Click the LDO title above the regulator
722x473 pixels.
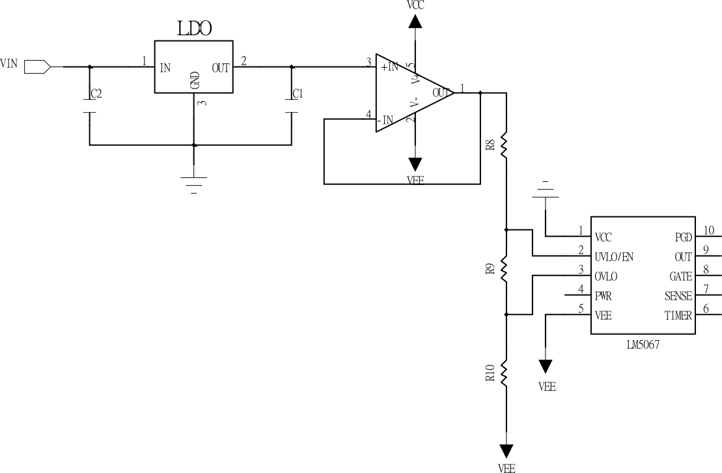[x=195, y=29]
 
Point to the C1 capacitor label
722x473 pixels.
[x=298, y=94]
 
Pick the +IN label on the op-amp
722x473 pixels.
[x=390, y=66]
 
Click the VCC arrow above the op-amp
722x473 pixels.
[x=415, y=21]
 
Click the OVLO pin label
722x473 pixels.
[x=606, y=276]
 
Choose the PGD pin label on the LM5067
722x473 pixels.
[x=682, y=237]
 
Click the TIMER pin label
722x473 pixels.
[x=678, y=315]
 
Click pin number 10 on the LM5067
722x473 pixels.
[x=708, y=230]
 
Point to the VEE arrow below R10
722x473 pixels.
[x=506, y=451]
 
